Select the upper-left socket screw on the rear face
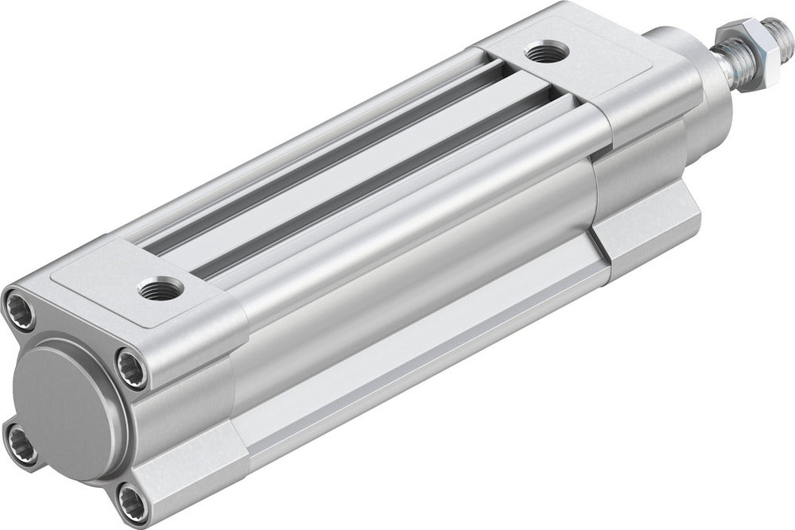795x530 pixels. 20,309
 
